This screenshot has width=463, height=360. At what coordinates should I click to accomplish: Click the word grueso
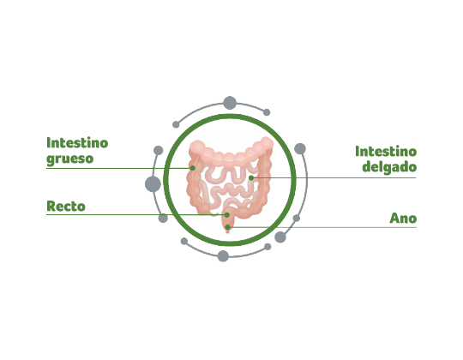(x=70, y=159)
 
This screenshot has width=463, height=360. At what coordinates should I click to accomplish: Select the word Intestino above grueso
(x=77, y=143)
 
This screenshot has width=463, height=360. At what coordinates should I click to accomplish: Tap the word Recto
(x=66, y=207)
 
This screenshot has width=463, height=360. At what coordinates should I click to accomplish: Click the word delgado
(x=389, y=167)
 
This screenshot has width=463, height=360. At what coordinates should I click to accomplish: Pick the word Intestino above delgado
(x=386, y=152)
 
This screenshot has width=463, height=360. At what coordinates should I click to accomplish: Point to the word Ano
(x=403, y=219)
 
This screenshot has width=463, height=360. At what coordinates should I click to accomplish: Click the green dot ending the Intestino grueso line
(x=193, y=168)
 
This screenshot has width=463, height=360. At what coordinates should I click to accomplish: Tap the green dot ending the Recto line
(x=226, y=215)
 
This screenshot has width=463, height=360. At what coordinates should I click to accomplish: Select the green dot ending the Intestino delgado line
(x=251, y=178)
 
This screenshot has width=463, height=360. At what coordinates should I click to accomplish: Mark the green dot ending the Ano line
(x=227, y=227)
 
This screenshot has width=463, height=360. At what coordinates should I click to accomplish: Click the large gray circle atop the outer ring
(x=230, y=103)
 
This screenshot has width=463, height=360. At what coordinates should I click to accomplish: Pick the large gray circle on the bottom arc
(x=223, y=255)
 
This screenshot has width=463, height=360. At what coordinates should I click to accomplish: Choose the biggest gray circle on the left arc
(x=153, y=183)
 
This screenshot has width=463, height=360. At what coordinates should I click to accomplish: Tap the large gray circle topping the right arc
(x=300, y=148)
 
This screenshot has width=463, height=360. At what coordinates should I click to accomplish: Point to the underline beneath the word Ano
(x=322, y=227)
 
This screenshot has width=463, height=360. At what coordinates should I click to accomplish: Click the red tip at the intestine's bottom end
(x=227, y=231)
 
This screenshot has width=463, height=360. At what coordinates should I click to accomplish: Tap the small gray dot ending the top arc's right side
(x=267, y=112)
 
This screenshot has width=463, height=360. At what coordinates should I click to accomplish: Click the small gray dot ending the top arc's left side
(x=176, y=124)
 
